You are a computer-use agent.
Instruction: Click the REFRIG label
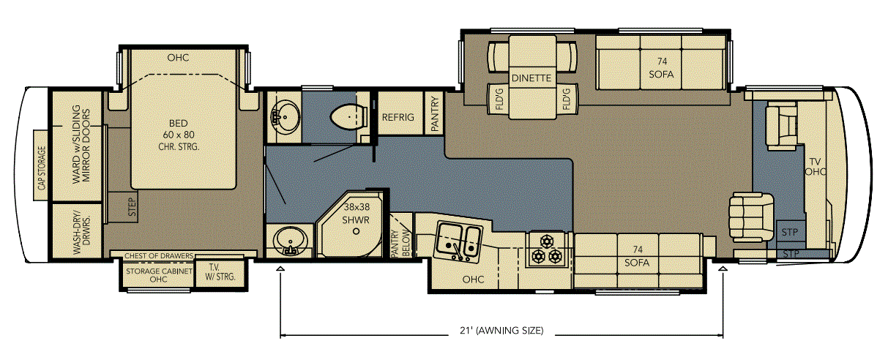[x=398, y=117]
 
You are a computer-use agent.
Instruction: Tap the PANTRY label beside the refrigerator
[x=435, y=114]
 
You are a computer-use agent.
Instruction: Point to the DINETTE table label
[x=531, y=78]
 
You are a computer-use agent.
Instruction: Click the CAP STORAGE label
[x=41, y=167]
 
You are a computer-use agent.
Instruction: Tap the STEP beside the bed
[x=132, y=207]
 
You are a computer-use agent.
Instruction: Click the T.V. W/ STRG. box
[x=220, y=272]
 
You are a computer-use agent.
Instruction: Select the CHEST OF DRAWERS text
[x=159, y=256]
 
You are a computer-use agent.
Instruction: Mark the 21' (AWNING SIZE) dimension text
[x=501, y=330]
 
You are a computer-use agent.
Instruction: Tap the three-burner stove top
[x=547, y=249]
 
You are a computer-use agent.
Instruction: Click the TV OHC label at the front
[x=815, y=167]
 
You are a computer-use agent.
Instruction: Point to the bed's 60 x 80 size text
[x=179, y=135]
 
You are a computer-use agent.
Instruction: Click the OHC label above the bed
[x=178, y=58]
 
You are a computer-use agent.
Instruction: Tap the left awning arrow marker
[x=280, y=269]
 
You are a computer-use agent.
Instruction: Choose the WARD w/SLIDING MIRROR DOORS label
[x=81, y=144]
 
